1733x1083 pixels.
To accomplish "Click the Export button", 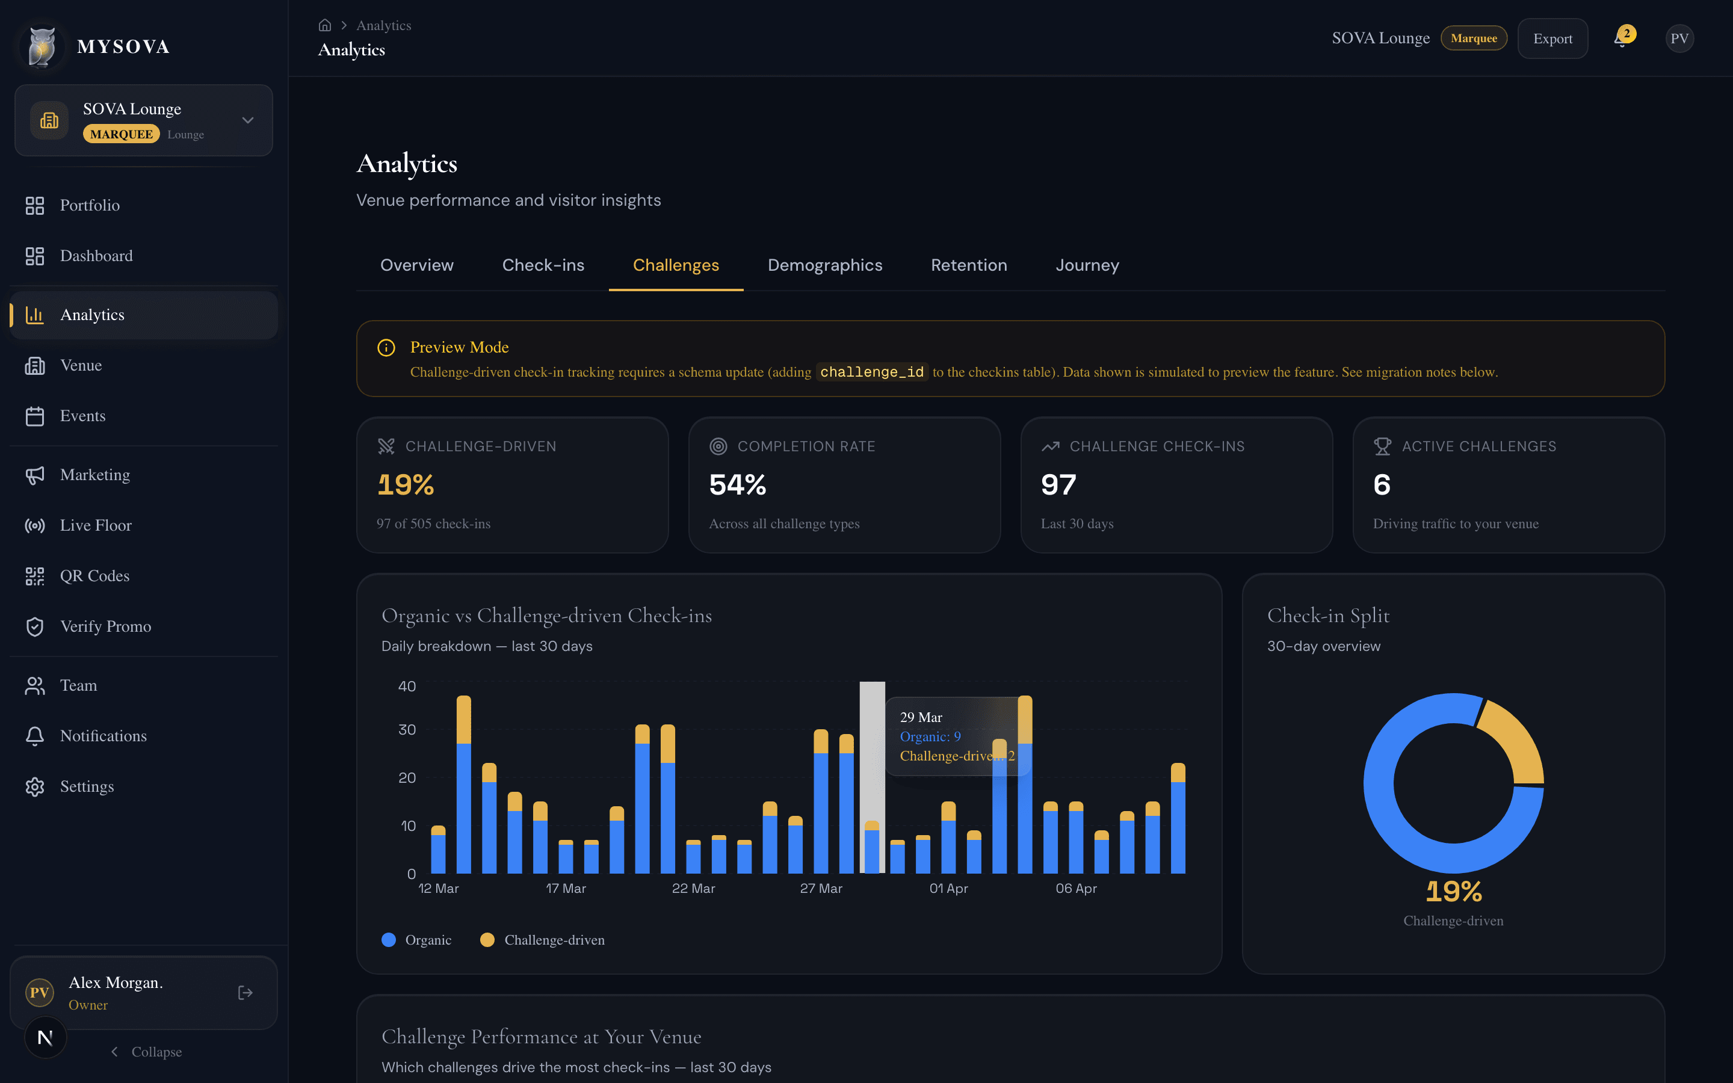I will tap(1552, 39).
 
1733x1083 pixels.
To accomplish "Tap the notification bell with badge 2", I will tap(1621, 39).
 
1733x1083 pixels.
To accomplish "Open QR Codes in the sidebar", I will tap(94, 576).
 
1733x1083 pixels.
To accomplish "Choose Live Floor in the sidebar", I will tap(95, 525).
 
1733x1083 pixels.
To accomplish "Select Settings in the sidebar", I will tap(87, 786).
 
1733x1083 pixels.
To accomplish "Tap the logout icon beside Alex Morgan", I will tap(245, 993).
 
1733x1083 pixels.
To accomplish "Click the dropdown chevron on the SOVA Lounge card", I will tap(248, 120).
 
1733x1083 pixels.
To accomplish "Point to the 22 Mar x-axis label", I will tap(693, 888).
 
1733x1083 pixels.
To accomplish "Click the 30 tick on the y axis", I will tap(407, 729).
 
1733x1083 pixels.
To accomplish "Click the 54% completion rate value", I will tap(737, 485).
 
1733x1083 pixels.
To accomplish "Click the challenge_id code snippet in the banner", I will tap(871, 372).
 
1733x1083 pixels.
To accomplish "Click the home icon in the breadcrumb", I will tap(324, 25).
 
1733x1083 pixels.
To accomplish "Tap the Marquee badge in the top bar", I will tap(1473, 39).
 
